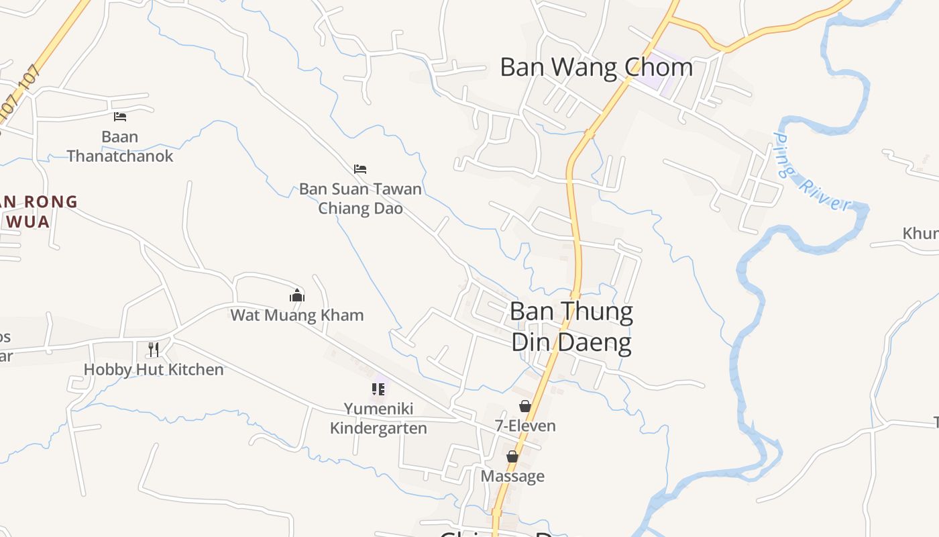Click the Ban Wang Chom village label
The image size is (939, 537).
pyautogui.click(x=596, y=67)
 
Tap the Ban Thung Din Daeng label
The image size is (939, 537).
pyautogui.click(x=571, y=328)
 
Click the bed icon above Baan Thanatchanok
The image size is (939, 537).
pyautogui.click(x=120, y=117)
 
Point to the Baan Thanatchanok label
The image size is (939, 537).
pyautogui.click(x=120, y=146)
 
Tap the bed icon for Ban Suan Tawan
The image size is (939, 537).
pyautogui.click(x=360, y=168)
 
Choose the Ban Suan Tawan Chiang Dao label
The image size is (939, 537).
pyautogui.click(x=360, y=199)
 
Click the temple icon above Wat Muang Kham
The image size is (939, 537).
pyautogui.click(x=297, y=295)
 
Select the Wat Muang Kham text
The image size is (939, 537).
pyautogui.click(x=297, y=315)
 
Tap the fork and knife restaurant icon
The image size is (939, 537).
pyautogui.click(x=154, y=349)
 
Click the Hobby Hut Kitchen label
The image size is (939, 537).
pyautogui.click(x=154, y=369)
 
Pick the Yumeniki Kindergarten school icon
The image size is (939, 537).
pyautogui.click(x=378, y=389)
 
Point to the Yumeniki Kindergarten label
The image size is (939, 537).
pyautogui.click(x=378, y=418)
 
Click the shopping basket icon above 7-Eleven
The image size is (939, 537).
pyautogui.click(x=525, y=405)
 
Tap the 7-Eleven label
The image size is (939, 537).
pyautogui.click(x=525, y=426)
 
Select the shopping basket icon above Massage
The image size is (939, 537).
pyautogui.click(x=512, y=456)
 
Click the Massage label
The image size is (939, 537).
pyautogui.click(x=512, y=476)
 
